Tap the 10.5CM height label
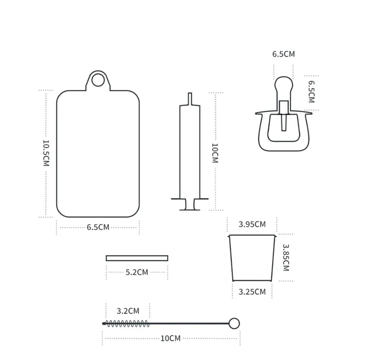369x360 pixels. (x=46, y=153)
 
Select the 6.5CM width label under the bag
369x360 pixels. (x=98, y=227)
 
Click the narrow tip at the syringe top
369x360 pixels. (x=190, y=99)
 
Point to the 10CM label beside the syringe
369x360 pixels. (x=215, y=153)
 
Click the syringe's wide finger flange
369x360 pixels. (x=190, y=199)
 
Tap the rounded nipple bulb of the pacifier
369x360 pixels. (x=284, y=84)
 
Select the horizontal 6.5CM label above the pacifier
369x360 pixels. (x=283, y=54)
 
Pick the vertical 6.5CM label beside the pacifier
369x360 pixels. (x=311, y=92)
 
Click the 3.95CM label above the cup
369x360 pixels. (x=252, y=224)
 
